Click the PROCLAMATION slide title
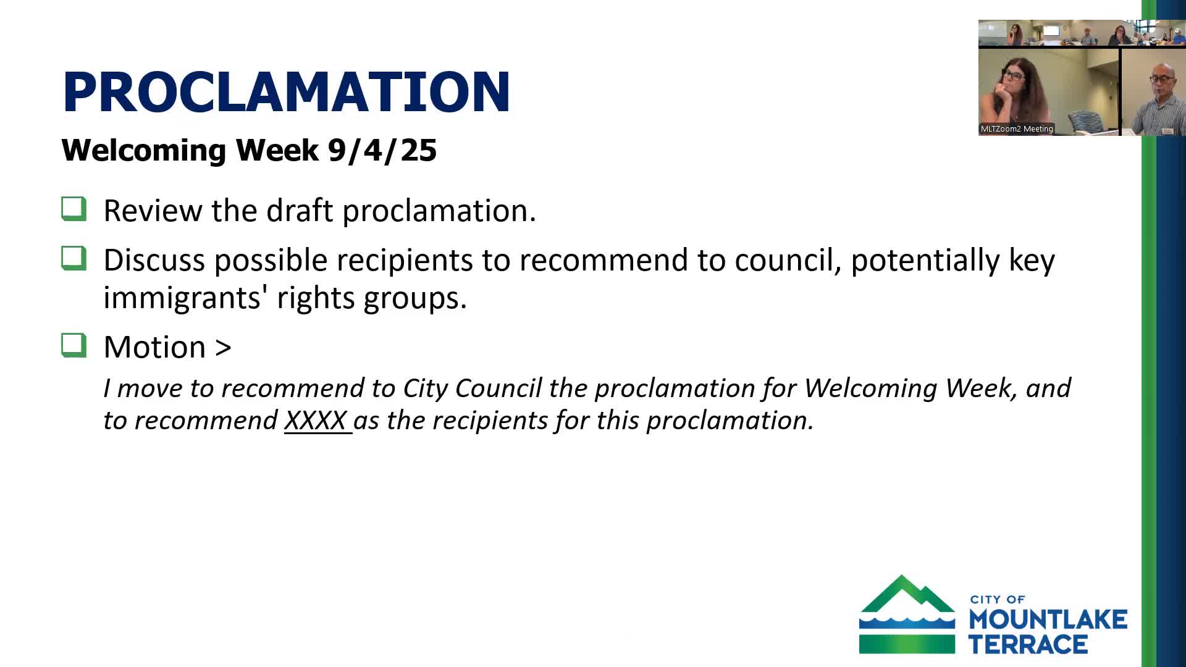286,92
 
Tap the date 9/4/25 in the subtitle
382,150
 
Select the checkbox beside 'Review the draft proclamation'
74,209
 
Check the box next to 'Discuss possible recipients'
74,258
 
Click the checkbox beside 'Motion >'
74,345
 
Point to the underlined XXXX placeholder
316,421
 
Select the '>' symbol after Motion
223,347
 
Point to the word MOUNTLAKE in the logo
1048,619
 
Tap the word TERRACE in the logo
1028,644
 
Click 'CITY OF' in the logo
998,599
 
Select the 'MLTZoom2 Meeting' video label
1017,129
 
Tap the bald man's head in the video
1161,69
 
